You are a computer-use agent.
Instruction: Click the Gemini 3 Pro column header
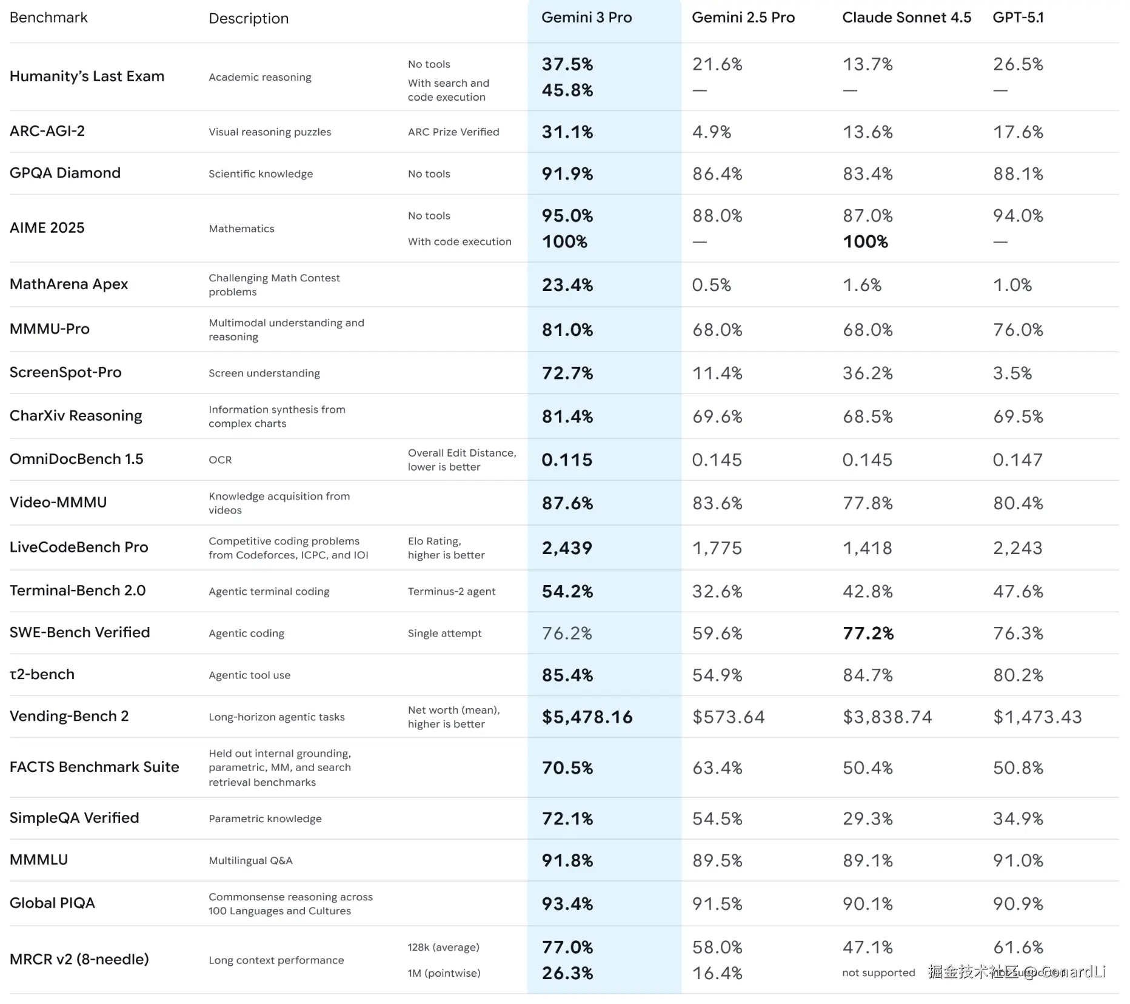[x=586, y=18]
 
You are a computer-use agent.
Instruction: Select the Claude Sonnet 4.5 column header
[x=906, y=18]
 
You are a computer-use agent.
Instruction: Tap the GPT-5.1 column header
[x=1018, y=18]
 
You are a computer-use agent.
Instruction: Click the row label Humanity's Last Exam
[x=87, y=76]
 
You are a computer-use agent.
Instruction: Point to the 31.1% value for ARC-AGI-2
[x=567, y=132]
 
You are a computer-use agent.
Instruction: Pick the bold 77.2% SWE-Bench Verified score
[x=868, y=634]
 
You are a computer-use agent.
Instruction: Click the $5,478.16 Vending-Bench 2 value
[x=587, y=717]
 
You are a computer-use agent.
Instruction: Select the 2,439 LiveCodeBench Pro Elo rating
[x=567, y=548]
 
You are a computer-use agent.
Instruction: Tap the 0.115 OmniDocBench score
[x=567, y=460]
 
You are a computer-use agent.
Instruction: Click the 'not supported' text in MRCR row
[x=878, y=973]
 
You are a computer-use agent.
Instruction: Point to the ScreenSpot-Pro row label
[x=65, y=372]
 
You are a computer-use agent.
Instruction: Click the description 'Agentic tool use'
[x=249, y=675]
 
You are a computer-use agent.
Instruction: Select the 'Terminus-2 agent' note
[x=452, y=592]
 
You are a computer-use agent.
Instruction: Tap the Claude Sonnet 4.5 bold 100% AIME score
[x=865, y=242]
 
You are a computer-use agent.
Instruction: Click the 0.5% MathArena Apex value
[x=711, y=285]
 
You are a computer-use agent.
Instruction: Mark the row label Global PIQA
[x=52, y=903]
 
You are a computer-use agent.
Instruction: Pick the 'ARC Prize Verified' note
[x=453, y=132]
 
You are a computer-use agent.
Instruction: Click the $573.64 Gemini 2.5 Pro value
[x=728, y=717]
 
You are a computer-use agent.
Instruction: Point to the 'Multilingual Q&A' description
[x=250, y=861]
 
